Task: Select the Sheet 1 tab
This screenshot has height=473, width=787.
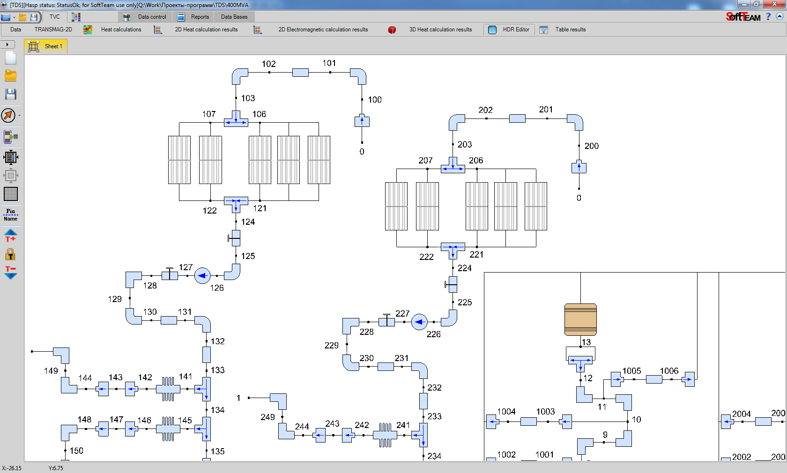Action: point(46,46)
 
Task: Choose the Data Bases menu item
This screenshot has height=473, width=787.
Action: point(234,17)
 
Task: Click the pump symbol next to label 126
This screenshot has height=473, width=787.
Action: point(202,276)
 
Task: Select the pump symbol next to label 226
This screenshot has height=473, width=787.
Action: point(419,322)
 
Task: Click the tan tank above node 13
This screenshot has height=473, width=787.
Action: point(580,319)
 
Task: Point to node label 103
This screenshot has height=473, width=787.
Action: point(248,98)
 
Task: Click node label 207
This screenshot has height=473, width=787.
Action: point(425,161)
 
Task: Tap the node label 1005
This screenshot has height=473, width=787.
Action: point(631,371)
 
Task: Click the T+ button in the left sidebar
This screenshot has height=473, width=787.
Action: point(10,236)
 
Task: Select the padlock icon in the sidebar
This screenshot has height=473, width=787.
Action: point(10,254)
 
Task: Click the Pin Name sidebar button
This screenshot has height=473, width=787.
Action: point(10,215)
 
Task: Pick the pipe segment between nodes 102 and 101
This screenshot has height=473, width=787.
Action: point(300,73)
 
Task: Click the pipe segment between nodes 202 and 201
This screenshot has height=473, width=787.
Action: point(517,118)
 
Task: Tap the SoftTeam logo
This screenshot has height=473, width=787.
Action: point(743,17)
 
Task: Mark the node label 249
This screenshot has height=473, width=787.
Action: point(268,417)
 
